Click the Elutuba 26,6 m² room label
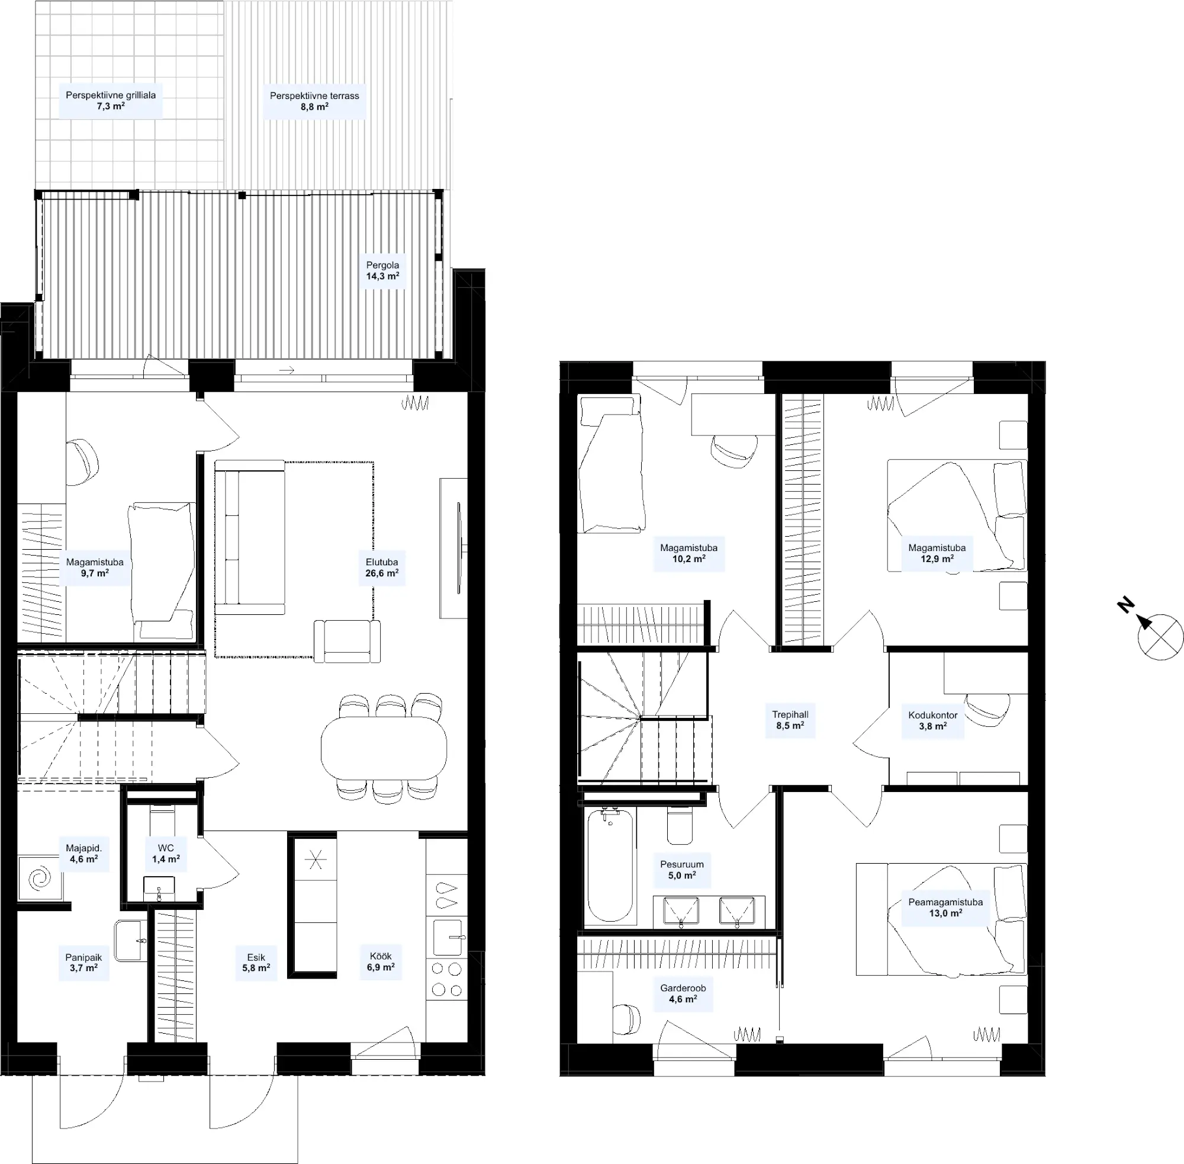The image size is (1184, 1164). point(382,567)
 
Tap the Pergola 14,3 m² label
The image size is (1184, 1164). point(382,270)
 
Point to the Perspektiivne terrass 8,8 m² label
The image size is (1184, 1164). point(314,101)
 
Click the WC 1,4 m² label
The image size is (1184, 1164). point(166,854)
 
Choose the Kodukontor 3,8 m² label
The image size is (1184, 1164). point(933,720)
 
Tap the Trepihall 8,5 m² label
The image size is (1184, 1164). point(790,720)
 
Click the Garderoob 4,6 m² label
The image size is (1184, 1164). point(683,993)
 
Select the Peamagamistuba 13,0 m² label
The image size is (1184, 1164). point(945,908)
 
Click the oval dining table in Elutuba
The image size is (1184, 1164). point(384,748)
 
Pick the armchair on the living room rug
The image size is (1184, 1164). point(347,641)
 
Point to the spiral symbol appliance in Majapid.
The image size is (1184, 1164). point(40,878)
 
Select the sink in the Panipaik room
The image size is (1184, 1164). point(131,941)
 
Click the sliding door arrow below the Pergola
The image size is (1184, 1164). point(287,370)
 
